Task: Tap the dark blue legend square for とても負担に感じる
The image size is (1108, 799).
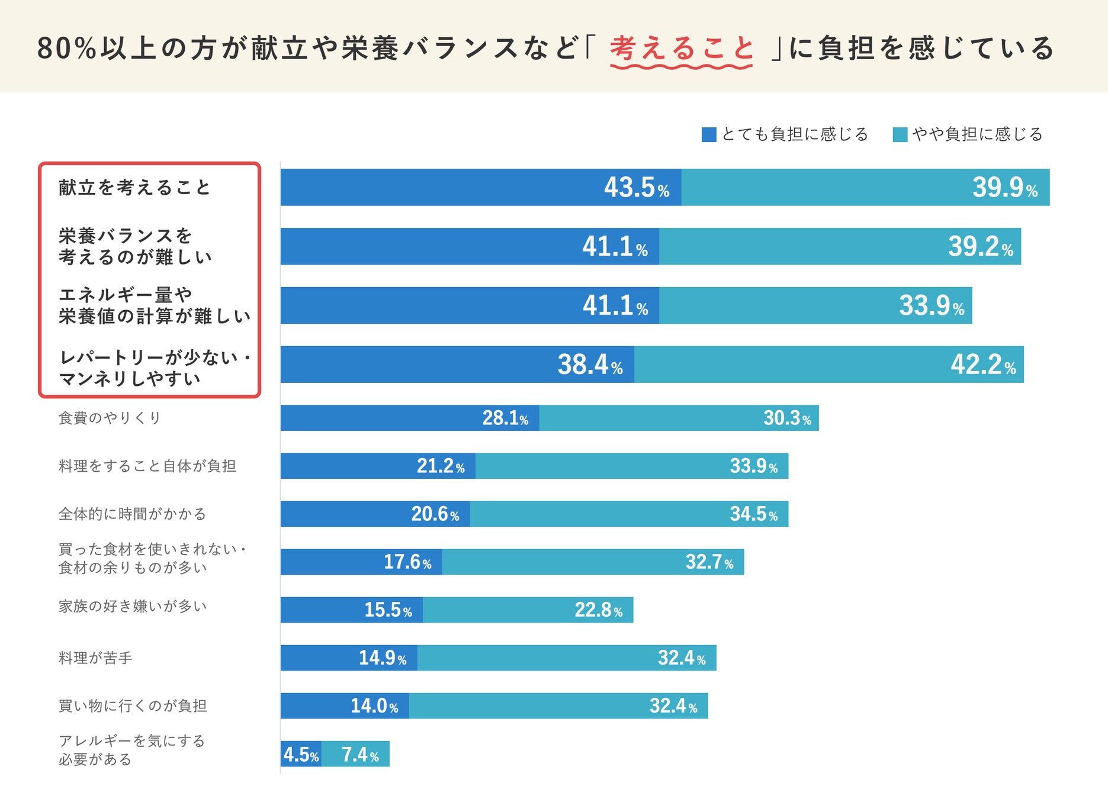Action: pos(708,135)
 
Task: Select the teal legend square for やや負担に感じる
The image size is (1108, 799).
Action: pos(900,135)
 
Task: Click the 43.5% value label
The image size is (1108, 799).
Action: pos(636,188)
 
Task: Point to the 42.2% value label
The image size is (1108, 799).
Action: pos(983,365)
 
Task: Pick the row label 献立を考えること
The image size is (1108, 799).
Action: pos(134,188)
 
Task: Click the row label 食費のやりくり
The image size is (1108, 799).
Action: pos(110,418)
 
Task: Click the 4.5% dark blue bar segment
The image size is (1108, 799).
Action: pos(301,754)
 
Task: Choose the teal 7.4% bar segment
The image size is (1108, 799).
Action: pos(355,754)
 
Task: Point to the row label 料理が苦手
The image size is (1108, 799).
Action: pos(95,658)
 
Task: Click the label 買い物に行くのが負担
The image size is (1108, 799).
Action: pos(133,705)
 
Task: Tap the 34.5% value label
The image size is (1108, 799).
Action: pos(753,514)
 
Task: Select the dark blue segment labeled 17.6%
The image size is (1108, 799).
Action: pos(361,562)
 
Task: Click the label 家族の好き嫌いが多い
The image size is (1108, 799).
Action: pos(133,606)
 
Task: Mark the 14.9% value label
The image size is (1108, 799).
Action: pos(383,658)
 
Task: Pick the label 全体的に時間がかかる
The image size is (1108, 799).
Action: pos(132,514)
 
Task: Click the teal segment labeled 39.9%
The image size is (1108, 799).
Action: pos(865,188)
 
